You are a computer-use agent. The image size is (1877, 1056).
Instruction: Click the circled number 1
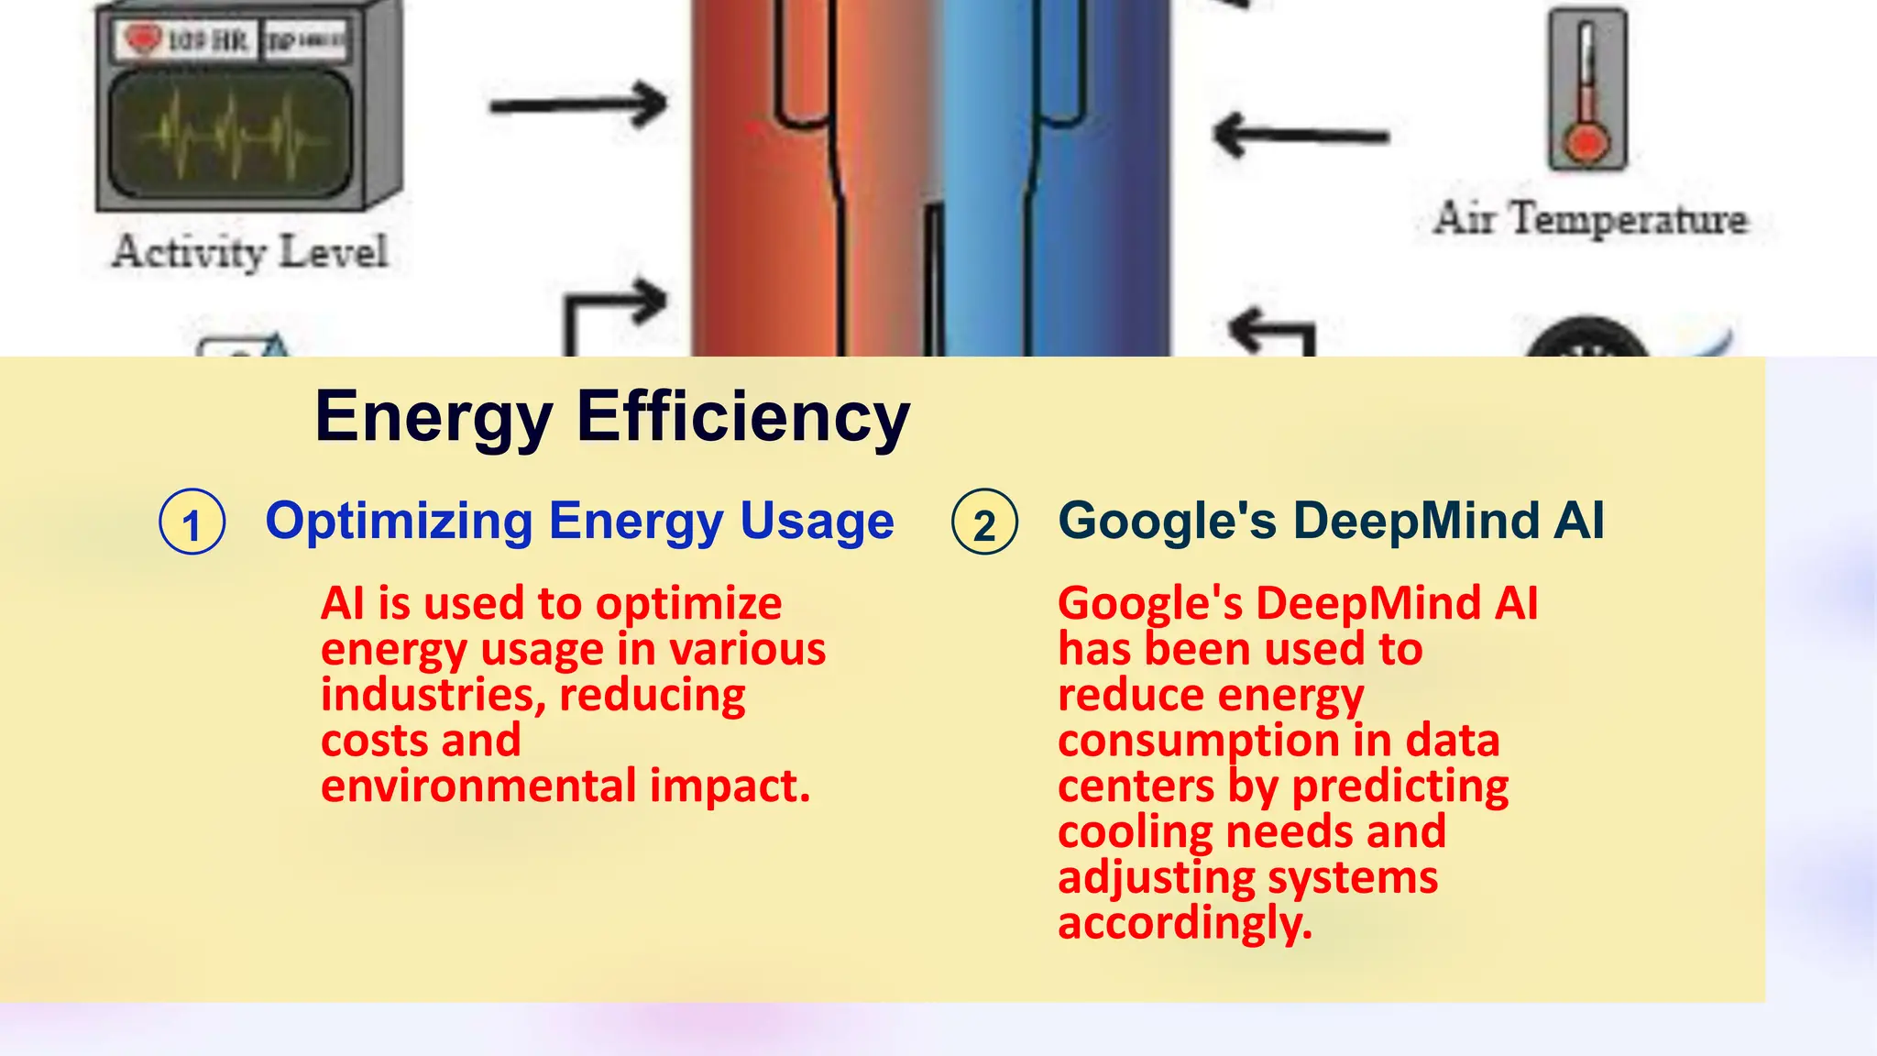click(192, 522)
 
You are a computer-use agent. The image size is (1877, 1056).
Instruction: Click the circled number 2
click(984, 522)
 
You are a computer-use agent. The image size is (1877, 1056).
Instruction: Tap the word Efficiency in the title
click(742, 417)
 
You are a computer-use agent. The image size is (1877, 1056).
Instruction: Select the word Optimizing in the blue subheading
click(399, 522)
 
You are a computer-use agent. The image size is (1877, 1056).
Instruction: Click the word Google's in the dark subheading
click(1167, 521)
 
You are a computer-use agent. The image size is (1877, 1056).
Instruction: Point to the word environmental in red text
click(478, 786)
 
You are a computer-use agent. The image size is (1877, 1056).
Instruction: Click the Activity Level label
click(250, 252)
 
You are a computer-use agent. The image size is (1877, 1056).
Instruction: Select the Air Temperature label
click(1591, 219)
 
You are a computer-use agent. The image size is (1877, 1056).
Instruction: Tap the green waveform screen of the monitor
click(231, 135)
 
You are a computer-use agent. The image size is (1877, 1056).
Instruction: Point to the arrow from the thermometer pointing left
click(1301, 135)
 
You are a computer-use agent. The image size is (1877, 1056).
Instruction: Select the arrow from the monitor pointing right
click(578, 104)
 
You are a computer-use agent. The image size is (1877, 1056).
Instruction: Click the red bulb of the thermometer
click(1586, 143)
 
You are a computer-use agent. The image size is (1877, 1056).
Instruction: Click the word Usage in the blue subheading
click(817, 522)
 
